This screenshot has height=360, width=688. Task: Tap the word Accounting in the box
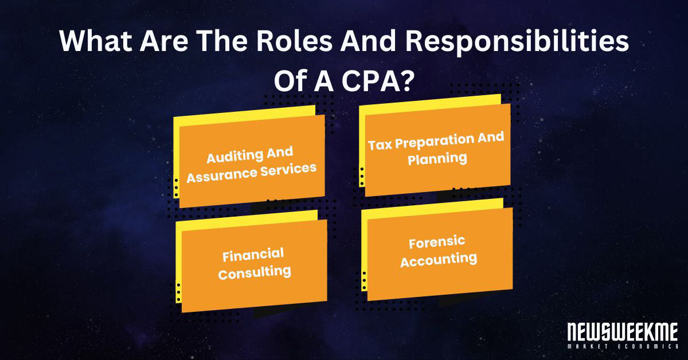pos(439,259)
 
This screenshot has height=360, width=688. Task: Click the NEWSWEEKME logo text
pos(621,333)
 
